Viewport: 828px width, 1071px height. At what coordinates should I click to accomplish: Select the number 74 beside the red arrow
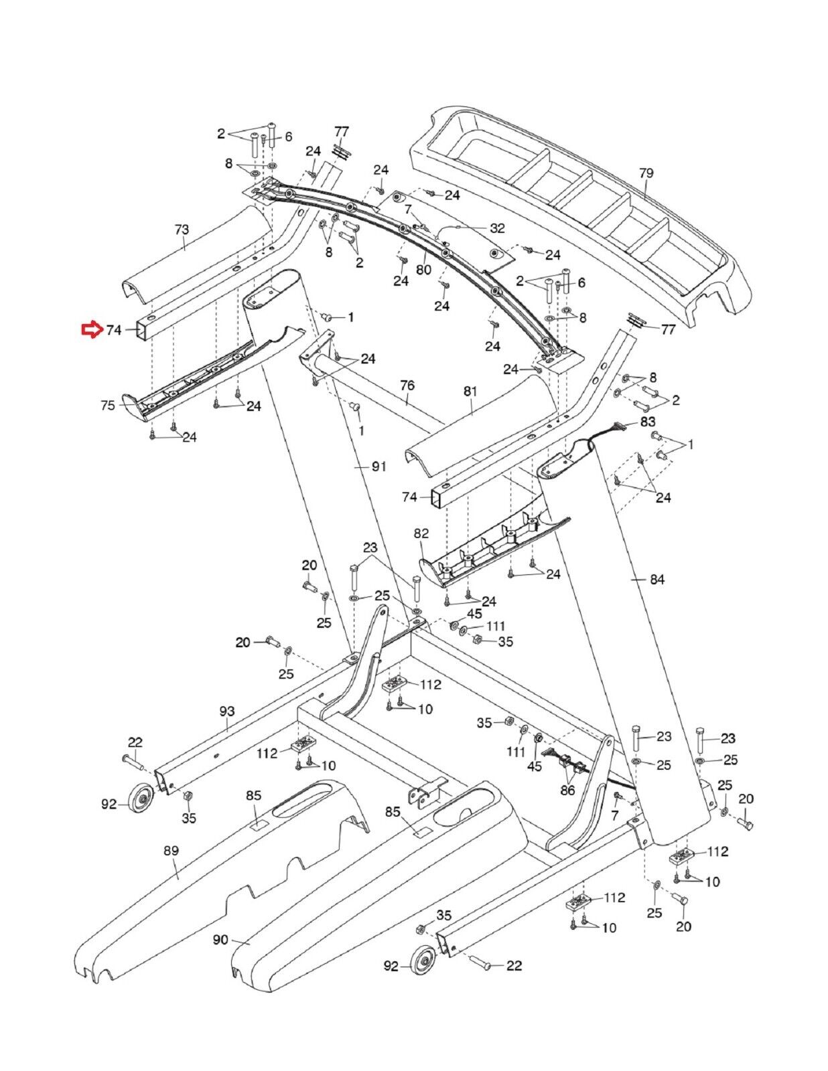tap(114, 330)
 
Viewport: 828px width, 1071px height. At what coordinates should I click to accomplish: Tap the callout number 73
tap(182, 230)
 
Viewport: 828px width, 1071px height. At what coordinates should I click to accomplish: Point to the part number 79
tap(645, 173)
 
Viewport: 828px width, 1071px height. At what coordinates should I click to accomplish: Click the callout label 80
tap(423, 270)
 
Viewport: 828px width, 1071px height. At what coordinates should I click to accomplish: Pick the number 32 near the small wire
tap(497, 228)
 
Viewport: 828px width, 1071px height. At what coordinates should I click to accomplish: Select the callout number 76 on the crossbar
tap(407, 386)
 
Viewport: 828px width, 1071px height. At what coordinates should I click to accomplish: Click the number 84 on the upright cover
tap(657, 579)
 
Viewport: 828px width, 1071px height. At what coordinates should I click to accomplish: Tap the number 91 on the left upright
tap(379, 467)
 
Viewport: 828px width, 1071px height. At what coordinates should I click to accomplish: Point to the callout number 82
tap(421, 533)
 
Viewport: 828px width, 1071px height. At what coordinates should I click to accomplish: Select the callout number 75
tap(108, 405)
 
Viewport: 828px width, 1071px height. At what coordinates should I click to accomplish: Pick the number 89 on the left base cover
tap(171, 851)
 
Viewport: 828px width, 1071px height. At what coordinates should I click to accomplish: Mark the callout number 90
tap(220, 940)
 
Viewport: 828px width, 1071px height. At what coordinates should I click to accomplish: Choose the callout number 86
tap(567, 791)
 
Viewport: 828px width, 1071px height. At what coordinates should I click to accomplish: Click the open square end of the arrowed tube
tap(144, 329)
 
